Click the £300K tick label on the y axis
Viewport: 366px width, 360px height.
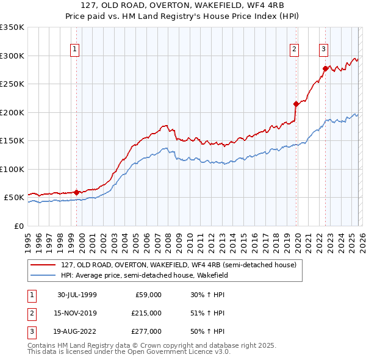click(x=12, y=56)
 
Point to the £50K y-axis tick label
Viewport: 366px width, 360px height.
click(x=14, y=198)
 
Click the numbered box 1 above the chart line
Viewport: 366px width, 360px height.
click(x=74, y=49)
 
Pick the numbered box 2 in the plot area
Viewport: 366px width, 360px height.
click(x=294, y=49)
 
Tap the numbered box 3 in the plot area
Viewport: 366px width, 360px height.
click(x=323, y=49)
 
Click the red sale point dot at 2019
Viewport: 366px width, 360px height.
click(x=296, y=104)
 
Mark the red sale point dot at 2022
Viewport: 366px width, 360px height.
click(x=325, y=69)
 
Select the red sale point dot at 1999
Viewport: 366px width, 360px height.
click(x=77, y=192)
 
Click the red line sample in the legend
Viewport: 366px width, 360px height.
click(x=43, y=265)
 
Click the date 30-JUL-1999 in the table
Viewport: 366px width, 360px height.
click(x=77, y=294)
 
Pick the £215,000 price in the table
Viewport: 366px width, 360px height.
click(x=146, y=313)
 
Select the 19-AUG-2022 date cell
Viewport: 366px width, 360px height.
click(x=77, y=332)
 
